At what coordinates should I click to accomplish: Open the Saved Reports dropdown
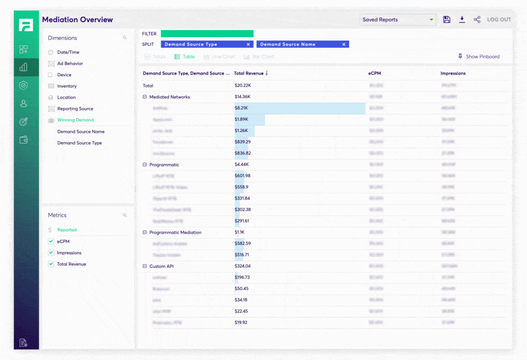pyautogui.click(x=397, y=20)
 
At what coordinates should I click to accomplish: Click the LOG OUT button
pyautogui.click(x=499, y=20)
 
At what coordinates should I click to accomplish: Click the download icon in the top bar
pyautogui.click(x=462, y=20)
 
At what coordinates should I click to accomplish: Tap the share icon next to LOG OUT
pyautogui.click(x=477, y=20)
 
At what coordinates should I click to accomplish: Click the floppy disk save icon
pyautogui.click(x=447, y=20)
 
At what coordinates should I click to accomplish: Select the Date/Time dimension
pyautogui.click(x=68, y=52)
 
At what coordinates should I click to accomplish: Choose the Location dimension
pyautogui.click(x=66, y=97)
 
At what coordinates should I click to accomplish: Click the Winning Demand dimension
pyautogui.click(x=75, y=120)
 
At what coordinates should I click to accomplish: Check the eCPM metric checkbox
pyautogui.click(x=51, y=241)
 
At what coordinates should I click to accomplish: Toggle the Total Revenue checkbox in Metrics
pyautogui.click(x=51, y=264)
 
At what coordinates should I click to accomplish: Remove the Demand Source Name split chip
pyautogui.click(x=344, y=44)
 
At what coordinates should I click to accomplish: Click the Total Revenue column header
pyautogui.click(x=249, y=74)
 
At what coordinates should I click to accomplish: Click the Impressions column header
pyautogui.click(x=453, y=74)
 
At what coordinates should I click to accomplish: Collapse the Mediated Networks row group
pyautogui.click(x=145, y=97)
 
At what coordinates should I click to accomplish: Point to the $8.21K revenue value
pyautogui.click(x=241, y=108)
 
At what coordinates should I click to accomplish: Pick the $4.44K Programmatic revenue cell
pyautogui.click(x=242, y=165)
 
